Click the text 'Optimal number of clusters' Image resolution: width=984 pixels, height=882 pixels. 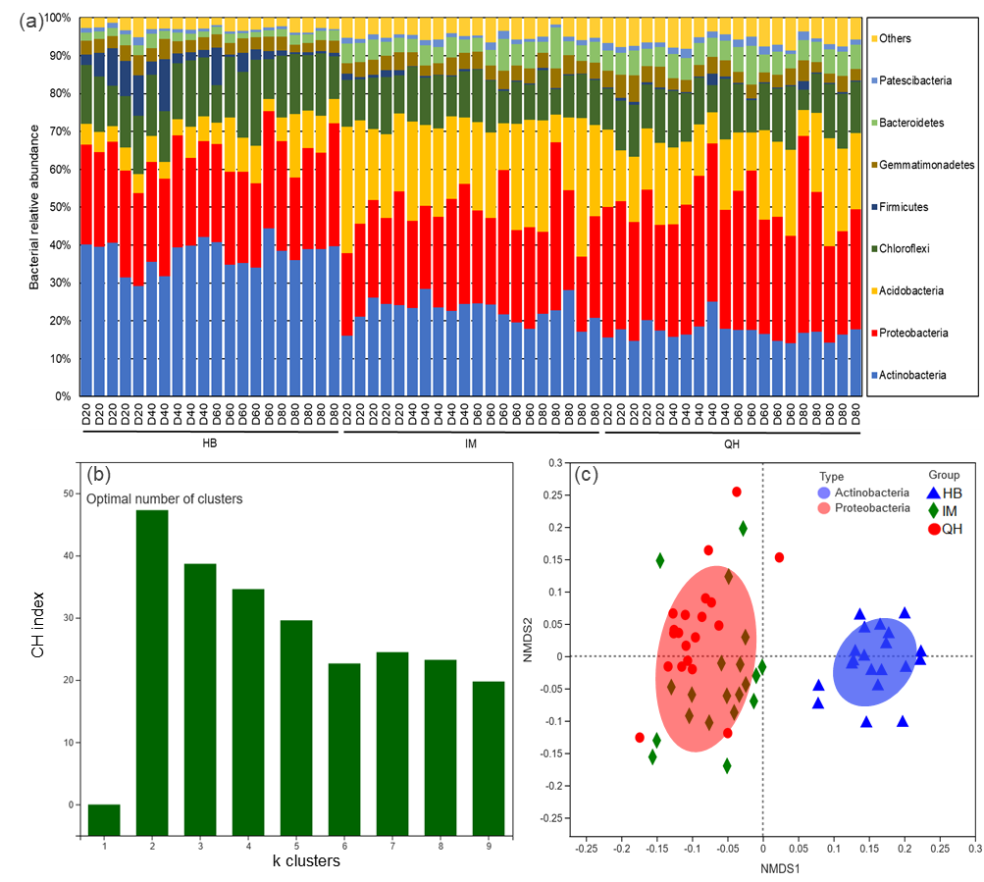click(164, 498)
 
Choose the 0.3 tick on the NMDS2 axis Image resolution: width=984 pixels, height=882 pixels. click(554, 462)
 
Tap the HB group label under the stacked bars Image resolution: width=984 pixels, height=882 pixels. click(209, 441)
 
